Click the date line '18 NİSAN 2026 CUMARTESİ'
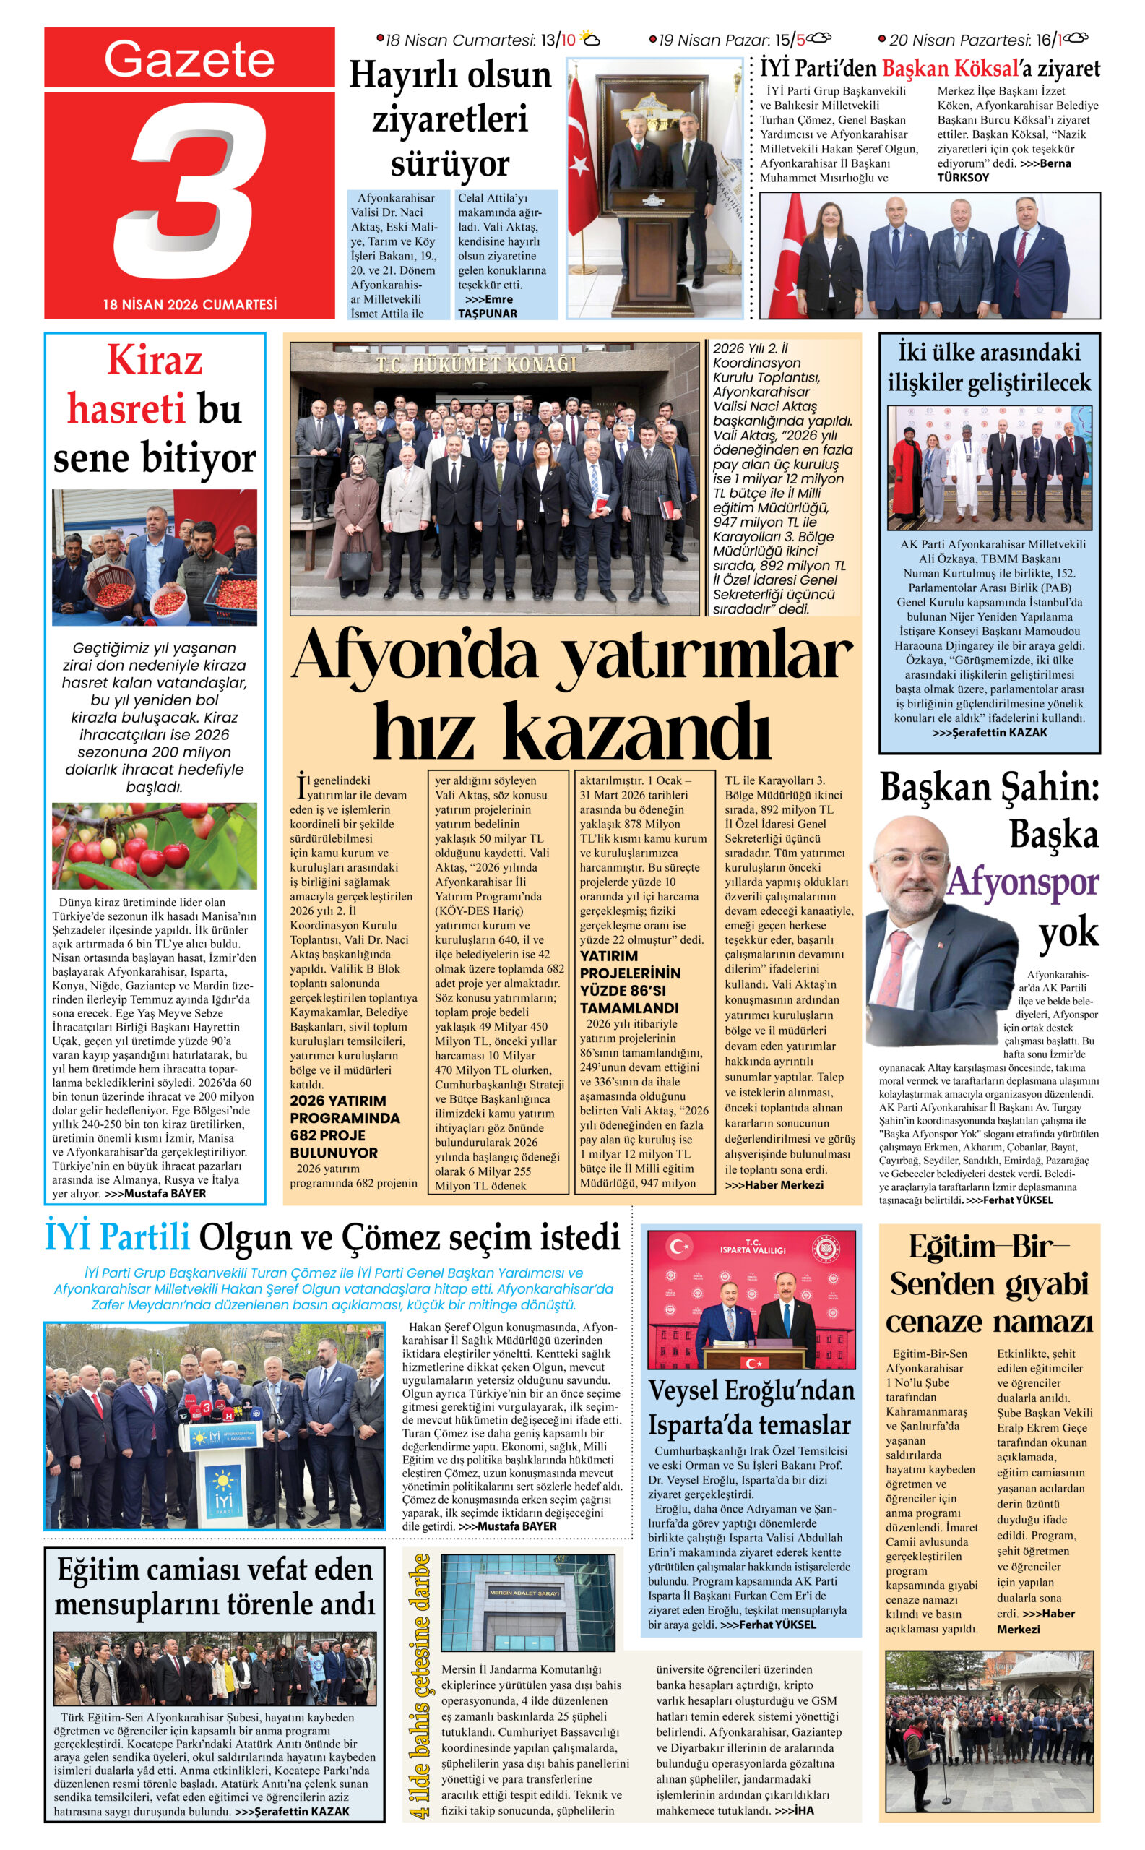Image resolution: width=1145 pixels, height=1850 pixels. coord(189,304)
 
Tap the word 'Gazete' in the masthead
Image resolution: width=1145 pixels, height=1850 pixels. coord(189,59)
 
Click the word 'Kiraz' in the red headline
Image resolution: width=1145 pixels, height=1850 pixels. coord(155,361)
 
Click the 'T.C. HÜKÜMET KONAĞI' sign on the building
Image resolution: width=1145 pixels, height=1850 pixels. coord(476,364)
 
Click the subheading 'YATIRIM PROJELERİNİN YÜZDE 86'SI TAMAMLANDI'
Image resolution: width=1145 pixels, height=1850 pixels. coord(630,982)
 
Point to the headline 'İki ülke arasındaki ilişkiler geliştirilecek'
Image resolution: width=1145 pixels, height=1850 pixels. coord(989,368)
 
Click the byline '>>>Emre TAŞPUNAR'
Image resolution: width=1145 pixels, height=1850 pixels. coord(488,306)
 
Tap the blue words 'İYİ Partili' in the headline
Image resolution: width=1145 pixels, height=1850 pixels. coord(117,1238)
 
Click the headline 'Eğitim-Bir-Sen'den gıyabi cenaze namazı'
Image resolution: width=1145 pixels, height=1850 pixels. coord(989,1285)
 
